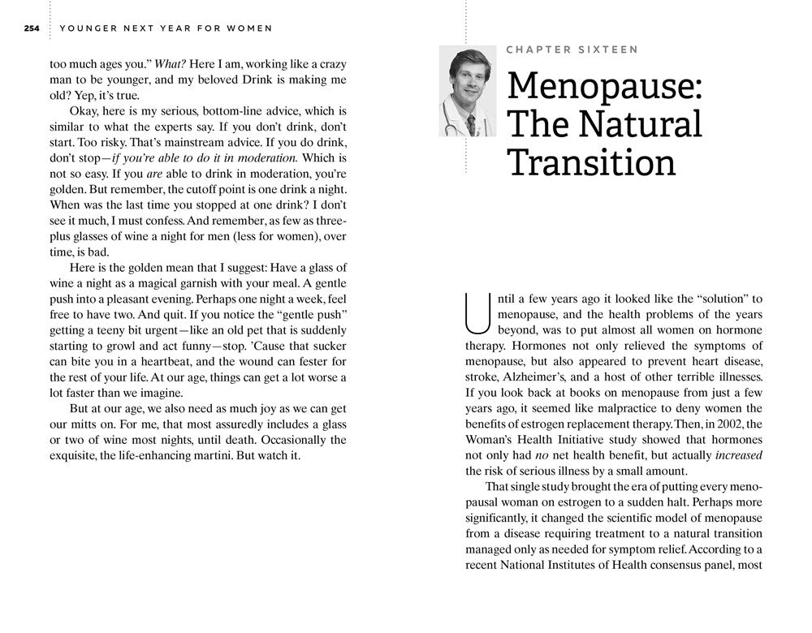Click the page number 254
pyautogui.click(x=32, y=28)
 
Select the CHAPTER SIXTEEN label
pyautogui.click(x=572, y=50)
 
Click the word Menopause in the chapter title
pyautogui.click(x=604, y=88)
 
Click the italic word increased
pyautogui.click(x=739, y=454)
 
